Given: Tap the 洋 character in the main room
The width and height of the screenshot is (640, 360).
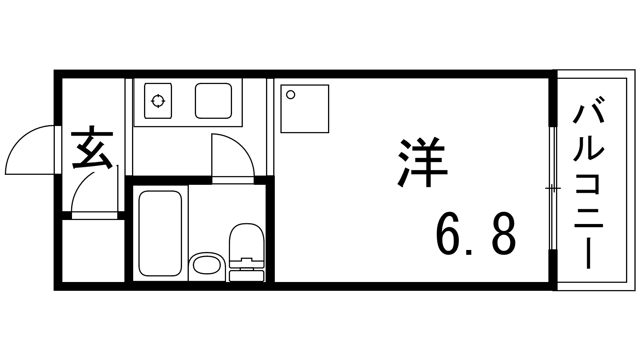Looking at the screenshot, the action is pos(422,162).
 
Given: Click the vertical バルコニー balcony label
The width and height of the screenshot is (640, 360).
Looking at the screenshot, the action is pos(588,183).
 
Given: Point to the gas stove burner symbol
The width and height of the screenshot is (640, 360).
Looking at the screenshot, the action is pos(158,100).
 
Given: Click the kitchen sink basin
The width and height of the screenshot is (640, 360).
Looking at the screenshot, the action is pos(214,100).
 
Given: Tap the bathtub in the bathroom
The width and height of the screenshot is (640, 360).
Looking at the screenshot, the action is pos(160,233).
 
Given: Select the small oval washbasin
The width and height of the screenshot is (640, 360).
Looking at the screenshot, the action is pos(206,265).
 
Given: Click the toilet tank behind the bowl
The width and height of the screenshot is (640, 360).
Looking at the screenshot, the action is pos(246,276).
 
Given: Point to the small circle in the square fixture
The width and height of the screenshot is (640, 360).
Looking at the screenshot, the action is pos(290,94).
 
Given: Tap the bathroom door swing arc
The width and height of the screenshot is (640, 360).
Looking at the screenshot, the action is pos(242,146).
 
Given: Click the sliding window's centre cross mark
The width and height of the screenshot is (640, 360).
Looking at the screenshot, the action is pos(553,188).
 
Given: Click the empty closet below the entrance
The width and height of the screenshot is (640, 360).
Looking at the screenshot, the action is pos(94,250).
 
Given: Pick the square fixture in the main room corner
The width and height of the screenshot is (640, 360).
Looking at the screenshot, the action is pos(305,108).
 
